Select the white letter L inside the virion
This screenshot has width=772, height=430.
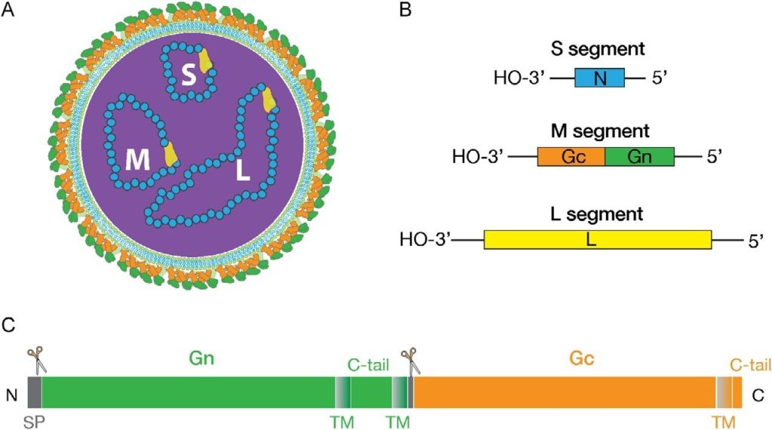click(x=242, y=172)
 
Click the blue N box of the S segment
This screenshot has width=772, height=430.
click(x=599, y=77)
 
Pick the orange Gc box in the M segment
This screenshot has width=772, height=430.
click(x=571, y=156)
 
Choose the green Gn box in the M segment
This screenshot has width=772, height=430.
click(x=639, y=156)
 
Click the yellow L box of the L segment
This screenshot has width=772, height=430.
click(x=597, y=239)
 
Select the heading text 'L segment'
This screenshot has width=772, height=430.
click(x=596, y=214)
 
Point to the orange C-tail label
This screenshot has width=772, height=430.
click(x=749, y=364)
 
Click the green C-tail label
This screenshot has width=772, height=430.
click(x=368, y=365)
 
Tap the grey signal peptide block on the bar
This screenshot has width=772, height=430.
click(x=34, y=392)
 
